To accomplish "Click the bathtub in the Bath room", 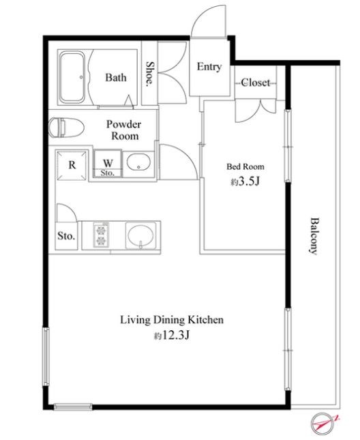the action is pos(72,77).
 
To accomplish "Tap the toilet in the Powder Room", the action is pos(66,128).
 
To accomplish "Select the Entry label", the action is pos(209,67).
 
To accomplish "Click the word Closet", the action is pos(256,83).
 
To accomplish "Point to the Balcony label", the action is pos(314,236).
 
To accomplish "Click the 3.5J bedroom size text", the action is pos(245,181).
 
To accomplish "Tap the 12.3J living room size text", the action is pos(172,335).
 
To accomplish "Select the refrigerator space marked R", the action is pos(72,165).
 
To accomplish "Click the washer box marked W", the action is pos(108,164).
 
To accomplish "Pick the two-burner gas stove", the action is pos(101,235).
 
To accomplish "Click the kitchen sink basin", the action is pos(140,236).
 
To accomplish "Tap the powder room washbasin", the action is pos(138,162).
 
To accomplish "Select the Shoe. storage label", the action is pos(150,73).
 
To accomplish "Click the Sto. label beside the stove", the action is pos(66,236).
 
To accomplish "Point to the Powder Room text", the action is pos(123,130).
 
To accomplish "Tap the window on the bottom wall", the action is pos(73,407).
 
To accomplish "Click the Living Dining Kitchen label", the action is pos(172,320).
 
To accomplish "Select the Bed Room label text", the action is pos(245,166).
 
